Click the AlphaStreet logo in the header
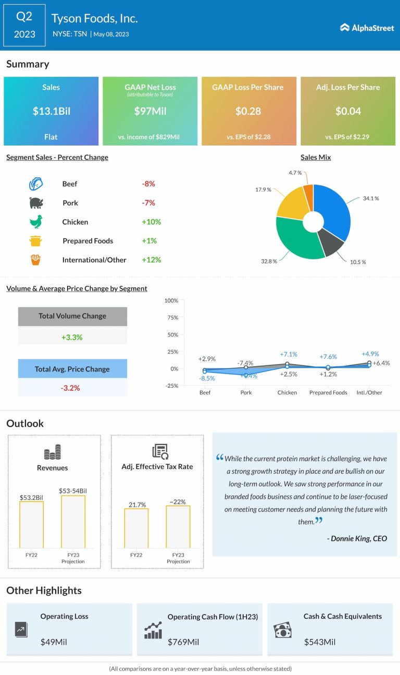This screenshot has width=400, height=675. (x=367, y=28)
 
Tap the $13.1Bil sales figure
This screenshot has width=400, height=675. (x=51, y=111)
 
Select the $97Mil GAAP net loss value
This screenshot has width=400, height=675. (x=150, y=111)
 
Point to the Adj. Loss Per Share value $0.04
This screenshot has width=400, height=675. (x=348, y=111)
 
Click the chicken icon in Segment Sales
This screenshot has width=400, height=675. (x=35, y=222)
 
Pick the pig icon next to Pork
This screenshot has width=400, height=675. (x=35, y=203)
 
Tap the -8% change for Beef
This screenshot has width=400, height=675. (x=148, y=184)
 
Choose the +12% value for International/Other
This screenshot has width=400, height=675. (x=151, y=260)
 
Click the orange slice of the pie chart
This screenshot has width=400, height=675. (x=308, y=192)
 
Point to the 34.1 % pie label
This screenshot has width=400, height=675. (x=370, y=198)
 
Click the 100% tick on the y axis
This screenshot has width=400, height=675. (x=171, y=300)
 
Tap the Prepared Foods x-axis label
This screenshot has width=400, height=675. (x=328, y=392)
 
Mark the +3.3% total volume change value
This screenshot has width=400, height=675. (x=72, y=337)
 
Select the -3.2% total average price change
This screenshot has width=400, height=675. (x=72, y=388)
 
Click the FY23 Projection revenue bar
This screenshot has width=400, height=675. (x=73, y=521)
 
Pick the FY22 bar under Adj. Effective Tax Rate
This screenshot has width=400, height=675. (x=136, y=528)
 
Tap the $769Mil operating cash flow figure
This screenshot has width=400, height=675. (x=183, y=642)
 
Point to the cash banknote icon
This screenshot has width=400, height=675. (x=282, y=630)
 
